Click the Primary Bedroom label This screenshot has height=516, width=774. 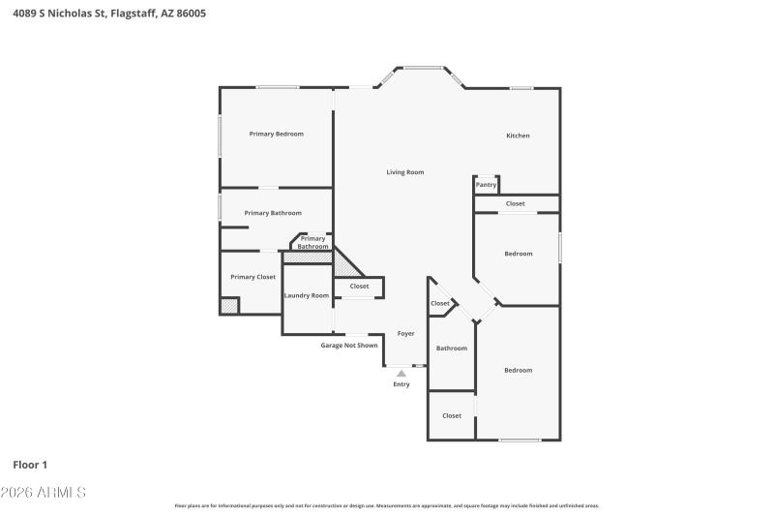(x=276, y=134)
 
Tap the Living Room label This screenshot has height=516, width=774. (x=405, y=172)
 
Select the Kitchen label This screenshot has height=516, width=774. (x=518, y=136)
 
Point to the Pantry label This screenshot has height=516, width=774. (x=486, y=185)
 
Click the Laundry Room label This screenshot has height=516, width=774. (x=306, y=295)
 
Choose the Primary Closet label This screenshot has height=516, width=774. (x=253, y=277)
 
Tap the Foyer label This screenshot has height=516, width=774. (x=406, y=333)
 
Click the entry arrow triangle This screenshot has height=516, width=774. (x=402, y=373)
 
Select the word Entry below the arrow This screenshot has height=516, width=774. (x=402, y=384)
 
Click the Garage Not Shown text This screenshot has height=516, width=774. (x=349, y=345)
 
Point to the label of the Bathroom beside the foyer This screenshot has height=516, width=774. (x=452, y=349)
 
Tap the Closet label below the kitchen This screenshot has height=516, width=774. (x=516, y=203)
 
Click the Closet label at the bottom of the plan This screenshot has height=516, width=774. (x=452, y=415)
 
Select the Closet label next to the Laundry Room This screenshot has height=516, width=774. (x=359, y=287)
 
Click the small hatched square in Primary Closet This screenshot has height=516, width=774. (x=229, y=305)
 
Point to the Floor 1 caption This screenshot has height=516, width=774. (x=30, y=465)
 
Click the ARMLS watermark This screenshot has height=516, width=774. (x=45, y=493)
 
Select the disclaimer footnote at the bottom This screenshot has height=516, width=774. (x=386, y=505)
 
